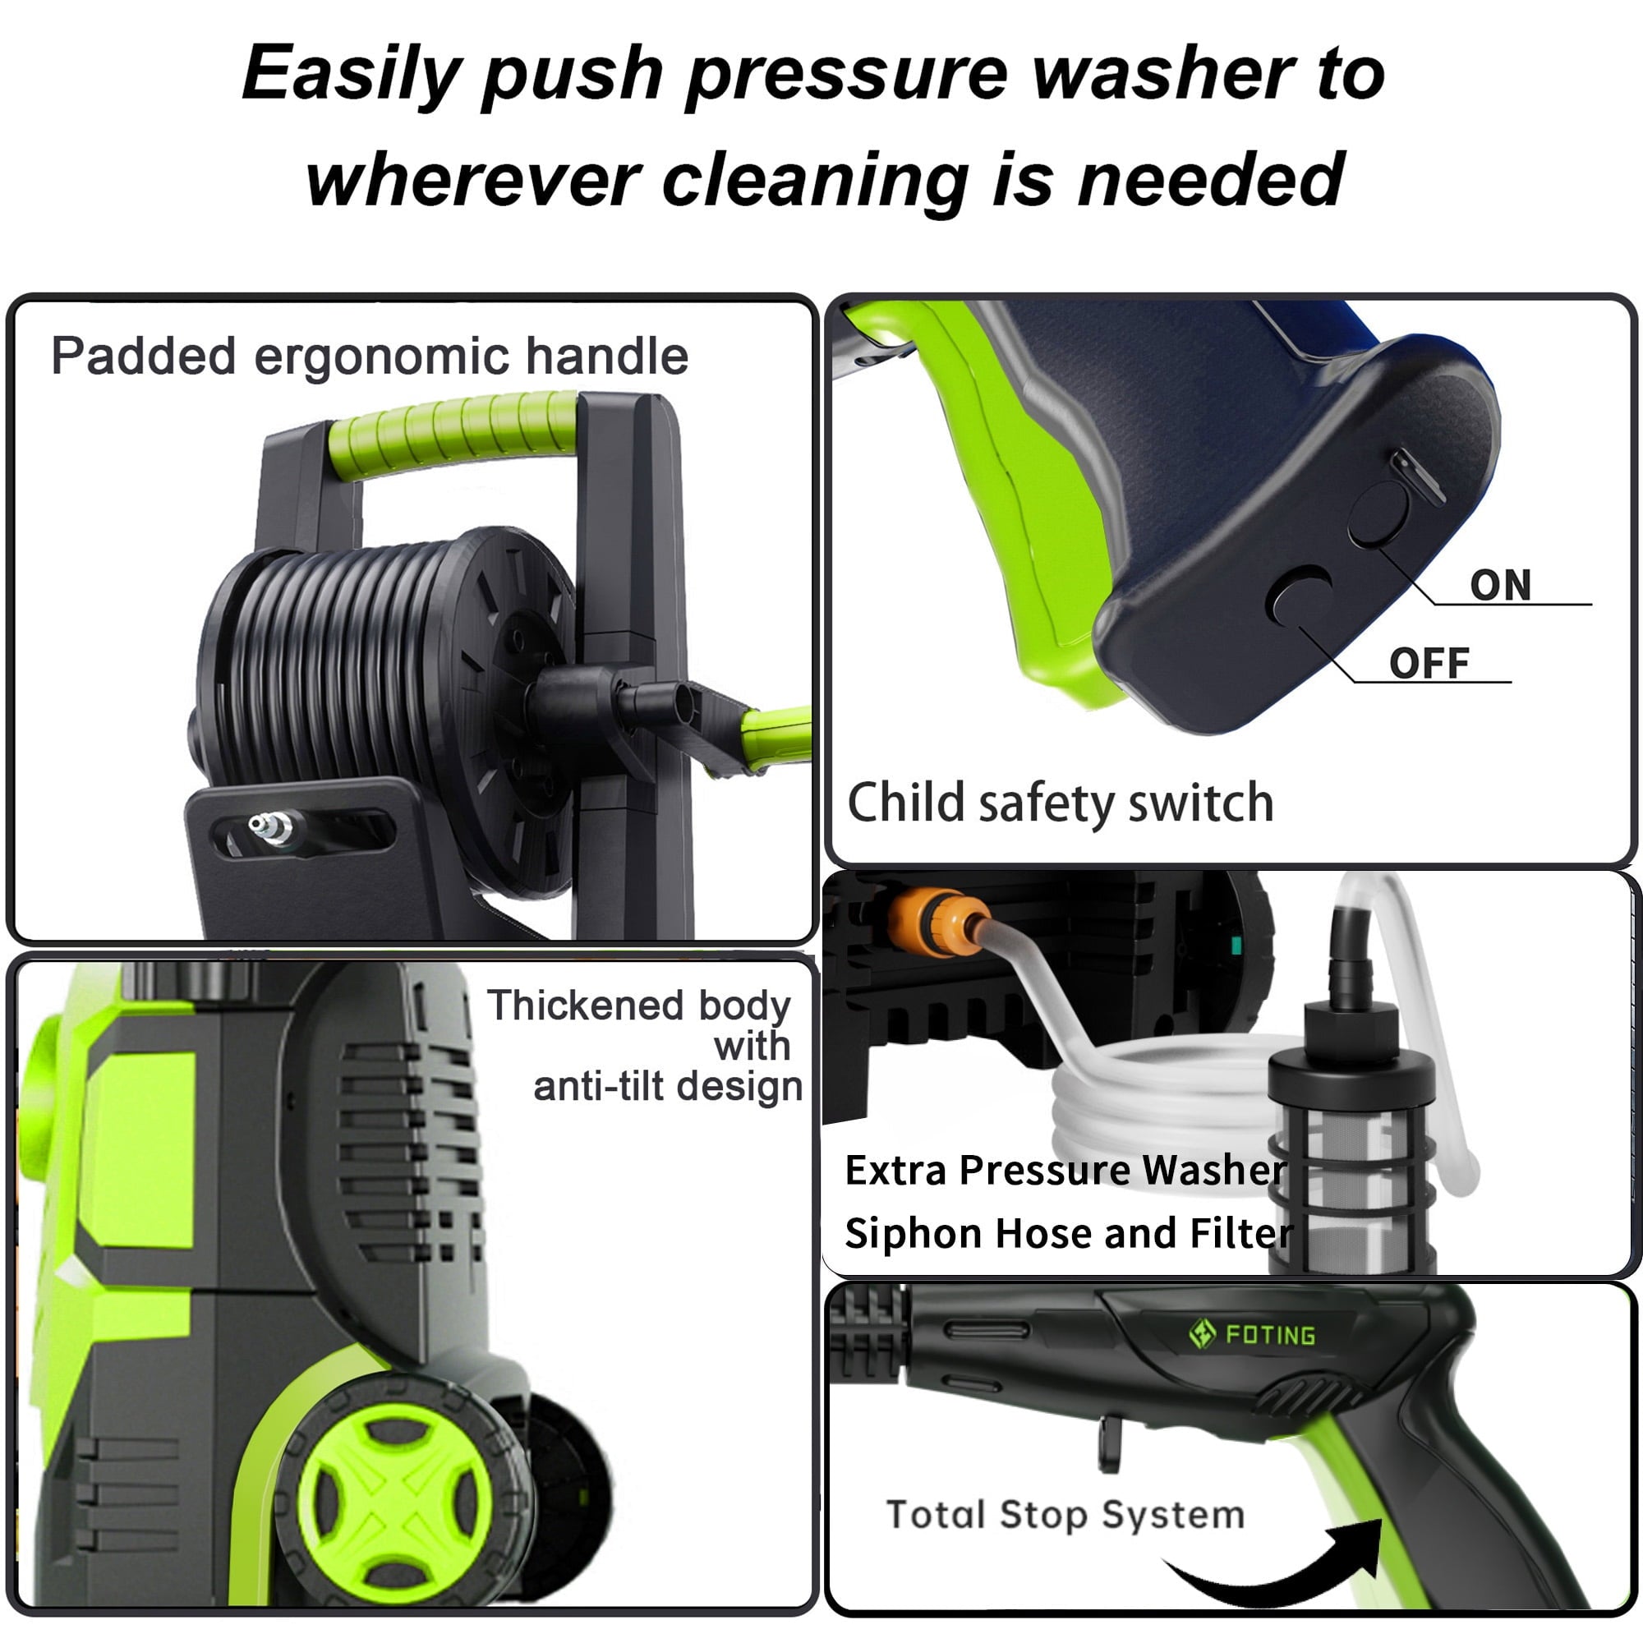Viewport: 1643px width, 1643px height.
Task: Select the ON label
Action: coord(1500,585)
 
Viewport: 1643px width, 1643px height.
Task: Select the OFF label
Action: coord(1429,663)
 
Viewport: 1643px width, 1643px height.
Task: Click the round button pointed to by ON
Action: coord(1378,513)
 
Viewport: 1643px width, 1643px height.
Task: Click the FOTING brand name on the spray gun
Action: coord(1271,1334)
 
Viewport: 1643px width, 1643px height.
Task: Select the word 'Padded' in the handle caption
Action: coord(143,357)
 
